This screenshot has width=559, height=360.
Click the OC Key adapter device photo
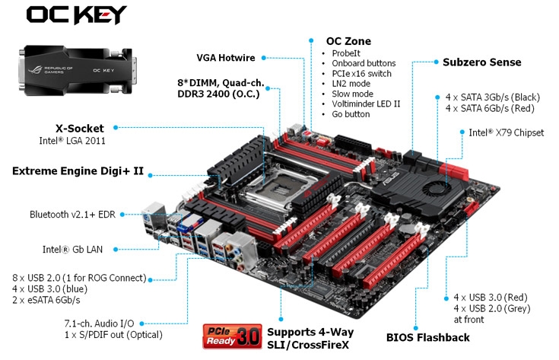pos(77,70)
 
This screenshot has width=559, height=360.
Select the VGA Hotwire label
pos(226,57)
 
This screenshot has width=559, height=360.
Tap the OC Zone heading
pos(348,40)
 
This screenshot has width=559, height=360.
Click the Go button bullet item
pos(351,114)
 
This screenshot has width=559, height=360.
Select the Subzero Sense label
pos(482,62)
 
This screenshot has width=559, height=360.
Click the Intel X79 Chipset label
pos(506,132)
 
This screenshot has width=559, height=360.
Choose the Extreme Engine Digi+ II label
pos(78,171)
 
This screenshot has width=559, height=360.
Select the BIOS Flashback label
pos(427,337)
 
